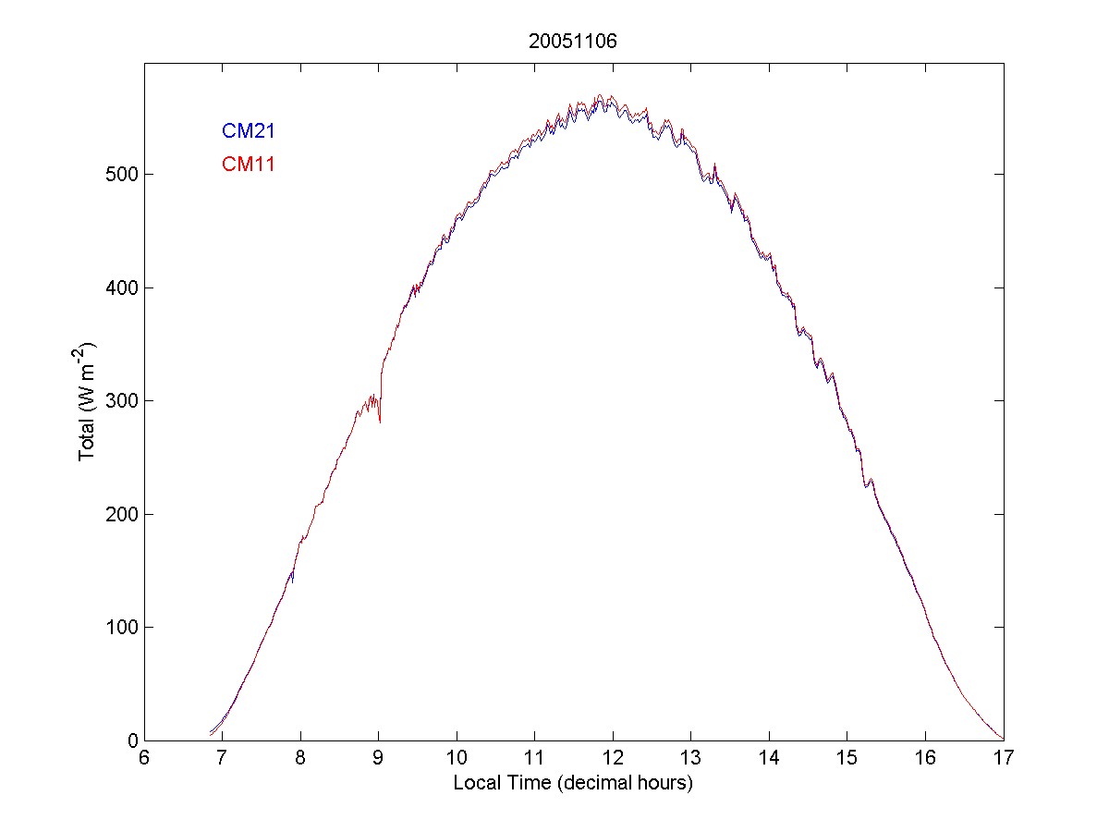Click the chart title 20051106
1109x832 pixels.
tap(573, 42)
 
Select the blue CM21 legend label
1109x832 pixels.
tap(248, 131)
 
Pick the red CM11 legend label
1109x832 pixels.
tap(248, 165)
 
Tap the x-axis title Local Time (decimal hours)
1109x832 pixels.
tap(573, 783)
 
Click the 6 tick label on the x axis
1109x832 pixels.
tap(144, 759)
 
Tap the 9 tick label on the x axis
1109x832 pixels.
tap(379, 759)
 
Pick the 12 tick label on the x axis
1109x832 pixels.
tap(613, 759)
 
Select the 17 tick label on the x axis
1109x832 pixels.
tap(1004, 759)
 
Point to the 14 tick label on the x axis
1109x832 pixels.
tap(769, 759)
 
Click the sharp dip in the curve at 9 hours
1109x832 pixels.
tap(380, 422)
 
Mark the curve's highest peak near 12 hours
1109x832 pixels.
tap(600, 95)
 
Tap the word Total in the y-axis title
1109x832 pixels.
tap(89, 442)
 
